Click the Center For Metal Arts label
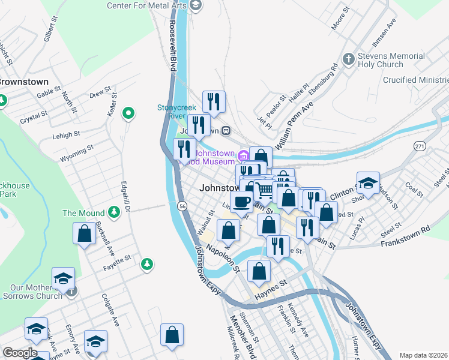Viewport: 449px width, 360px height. (x=147, y=5)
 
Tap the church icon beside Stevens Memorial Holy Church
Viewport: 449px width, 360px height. (x=348, y=59)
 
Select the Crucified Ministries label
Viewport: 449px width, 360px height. (x=416, y=80)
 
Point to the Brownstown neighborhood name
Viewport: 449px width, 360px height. (x=23, y=82)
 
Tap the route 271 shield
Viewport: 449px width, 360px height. (x=420, y=146)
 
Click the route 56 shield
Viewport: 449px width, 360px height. (x=182, y=206)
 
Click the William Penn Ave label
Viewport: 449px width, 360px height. (x=295, y=125)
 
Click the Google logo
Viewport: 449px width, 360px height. (x=19, y=353)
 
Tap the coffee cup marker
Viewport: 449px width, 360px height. (x=242, y=202)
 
